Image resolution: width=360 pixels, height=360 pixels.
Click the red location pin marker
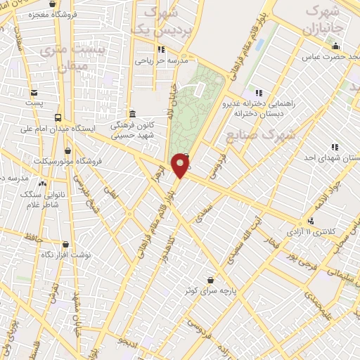pyautogui.click(x=181, y=165)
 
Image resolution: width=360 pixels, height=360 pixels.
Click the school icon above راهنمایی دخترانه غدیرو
pyautogui.click(x=259, y=92)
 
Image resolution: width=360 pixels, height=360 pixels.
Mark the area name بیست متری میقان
pyautogui.click(x=73, y=58)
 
